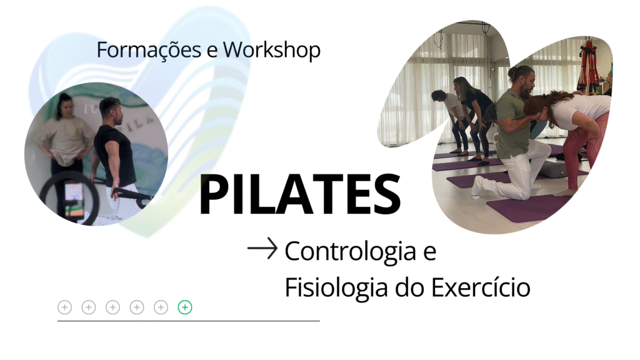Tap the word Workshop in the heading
click(x=272, y=50)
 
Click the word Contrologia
click(x=350, y=251)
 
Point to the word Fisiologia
click(x=337, y=287)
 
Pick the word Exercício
click(x=481, y=287)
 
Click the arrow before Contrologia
click(x=262, y=248)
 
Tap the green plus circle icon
click(x=185, y=307)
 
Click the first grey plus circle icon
click(x=64, y=307)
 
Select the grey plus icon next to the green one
click(x=161, y=307)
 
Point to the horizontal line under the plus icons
click(x=189, y=321)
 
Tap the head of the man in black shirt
click(x=111, y=111)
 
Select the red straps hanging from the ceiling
click(x=588, y=65)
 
